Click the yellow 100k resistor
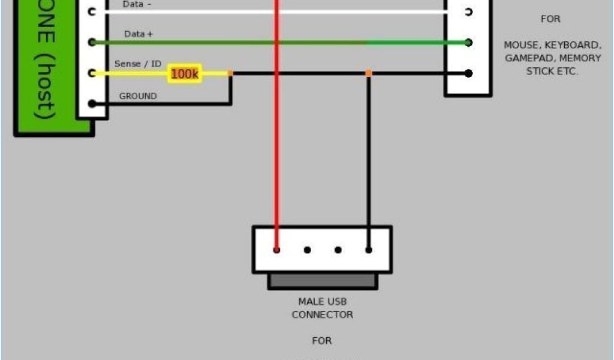pos(184,74)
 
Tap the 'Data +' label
pos(138,34)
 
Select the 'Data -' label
pos(137,4)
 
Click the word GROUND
pos(138,96)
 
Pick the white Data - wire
pos(360,11)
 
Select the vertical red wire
pos(276,150)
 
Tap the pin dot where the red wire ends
pos(276,250)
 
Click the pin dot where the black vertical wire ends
pos(368,250)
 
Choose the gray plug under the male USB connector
pos(323,280)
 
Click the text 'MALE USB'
pos(323,301)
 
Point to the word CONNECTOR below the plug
pos(323,314)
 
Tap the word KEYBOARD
pos(571,45)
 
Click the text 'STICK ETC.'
pos(552,71)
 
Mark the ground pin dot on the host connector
pos(92,104)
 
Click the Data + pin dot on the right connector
pos(468,43)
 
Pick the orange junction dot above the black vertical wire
pos(368,73)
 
